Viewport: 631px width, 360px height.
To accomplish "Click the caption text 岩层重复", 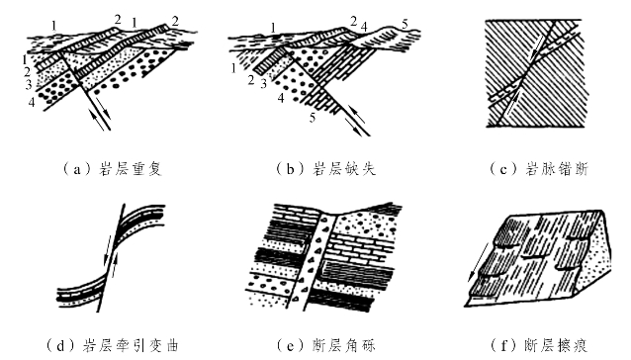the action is point(131,169).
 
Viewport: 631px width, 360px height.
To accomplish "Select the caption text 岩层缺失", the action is point(344,169).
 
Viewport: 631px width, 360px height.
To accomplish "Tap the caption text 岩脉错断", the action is point(558,169).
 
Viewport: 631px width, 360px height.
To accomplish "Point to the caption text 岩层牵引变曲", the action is point(131,345).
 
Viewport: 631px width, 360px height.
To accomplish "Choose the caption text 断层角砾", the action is point(344,345).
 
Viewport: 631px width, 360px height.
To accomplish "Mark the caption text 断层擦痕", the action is point(558,345).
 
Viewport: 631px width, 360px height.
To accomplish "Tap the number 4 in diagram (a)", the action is point(32,103).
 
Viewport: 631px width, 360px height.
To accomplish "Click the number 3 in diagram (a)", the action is point(29,85).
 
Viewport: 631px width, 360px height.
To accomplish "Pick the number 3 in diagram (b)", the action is point(264,84).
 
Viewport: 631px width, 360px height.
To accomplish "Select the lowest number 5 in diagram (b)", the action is point(313,118).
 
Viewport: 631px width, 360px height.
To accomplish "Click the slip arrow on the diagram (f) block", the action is point(480,261).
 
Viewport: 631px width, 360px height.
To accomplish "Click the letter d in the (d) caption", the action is point(60,346).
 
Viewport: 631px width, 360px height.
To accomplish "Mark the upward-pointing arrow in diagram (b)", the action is point(357,115).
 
